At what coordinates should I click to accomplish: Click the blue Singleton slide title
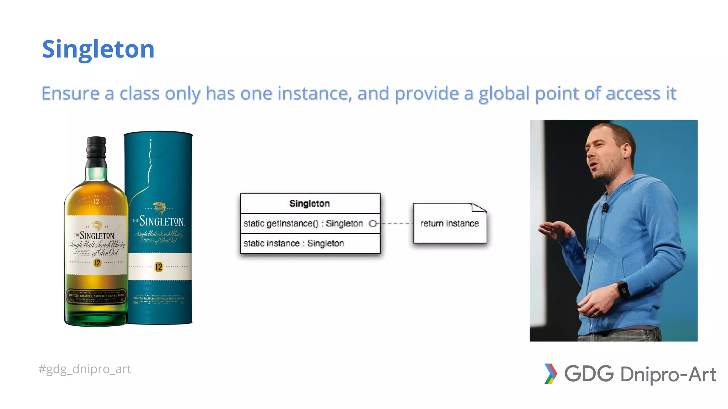pos(98,49)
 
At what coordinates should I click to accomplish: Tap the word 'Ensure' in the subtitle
pos(70,93)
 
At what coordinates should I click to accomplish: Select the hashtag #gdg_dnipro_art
pos(85,369)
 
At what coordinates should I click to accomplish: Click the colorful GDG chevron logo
pos(550,373)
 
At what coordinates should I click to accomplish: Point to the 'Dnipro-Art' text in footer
pos(668,374)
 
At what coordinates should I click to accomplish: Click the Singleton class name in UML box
pos(310,203)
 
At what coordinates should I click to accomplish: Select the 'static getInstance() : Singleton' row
pos(303,223)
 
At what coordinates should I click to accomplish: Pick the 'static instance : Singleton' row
pos(294,243)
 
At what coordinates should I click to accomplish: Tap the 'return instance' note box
pos(450,223)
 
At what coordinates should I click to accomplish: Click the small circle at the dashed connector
pos(373,223)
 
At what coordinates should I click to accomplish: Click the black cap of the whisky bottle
pos(96,149)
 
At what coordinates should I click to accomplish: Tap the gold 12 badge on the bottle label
pos(97,263)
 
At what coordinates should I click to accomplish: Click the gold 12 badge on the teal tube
pos(159,267)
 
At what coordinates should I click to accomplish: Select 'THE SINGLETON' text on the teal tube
pos(159,221)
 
